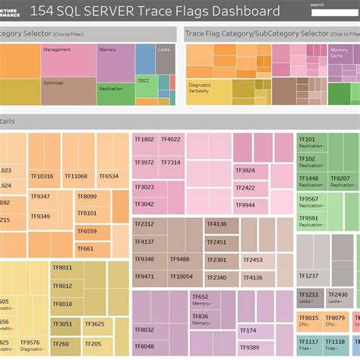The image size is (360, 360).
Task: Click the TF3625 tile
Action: pos(95,324)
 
